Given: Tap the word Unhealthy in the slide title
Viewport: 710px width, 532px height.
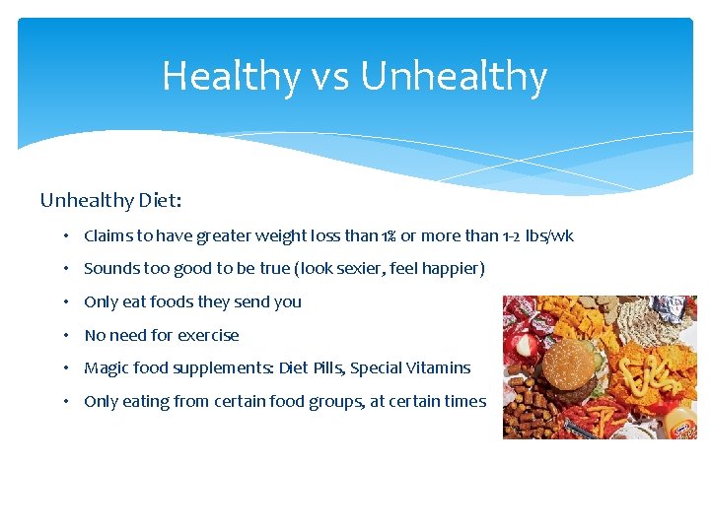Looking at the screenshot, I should pyautogui.click(x=455, y=76).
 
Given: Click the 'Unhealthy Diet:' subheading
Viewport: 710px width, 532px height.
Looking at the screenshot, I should pyautogui.click(x=110, y=200).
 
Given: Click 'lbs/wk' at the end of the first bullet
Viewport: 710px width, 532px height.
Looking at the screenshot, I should pyautogui.click(x=549, y=236).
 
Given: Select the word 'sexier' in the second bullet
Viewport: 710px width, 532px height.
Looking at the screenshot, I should pyautogui.click(x=371, y=269).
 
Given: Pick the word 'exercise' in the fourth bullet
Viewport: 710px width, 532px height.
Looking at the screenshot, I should pyautogui.click(x=208, y=335).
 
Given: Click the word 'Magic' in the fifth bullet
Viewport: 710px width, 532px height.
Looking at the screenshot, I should pyautogui.click(x=106, y=367).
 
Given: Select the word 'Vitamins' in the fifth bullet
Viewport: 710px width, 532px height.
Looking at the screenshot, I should pyautogui.click(x=440, y=367).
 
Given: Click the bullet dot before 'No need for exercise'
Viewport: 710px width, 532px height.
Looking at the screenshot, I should pyautogui.click(x=63, y=335).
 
